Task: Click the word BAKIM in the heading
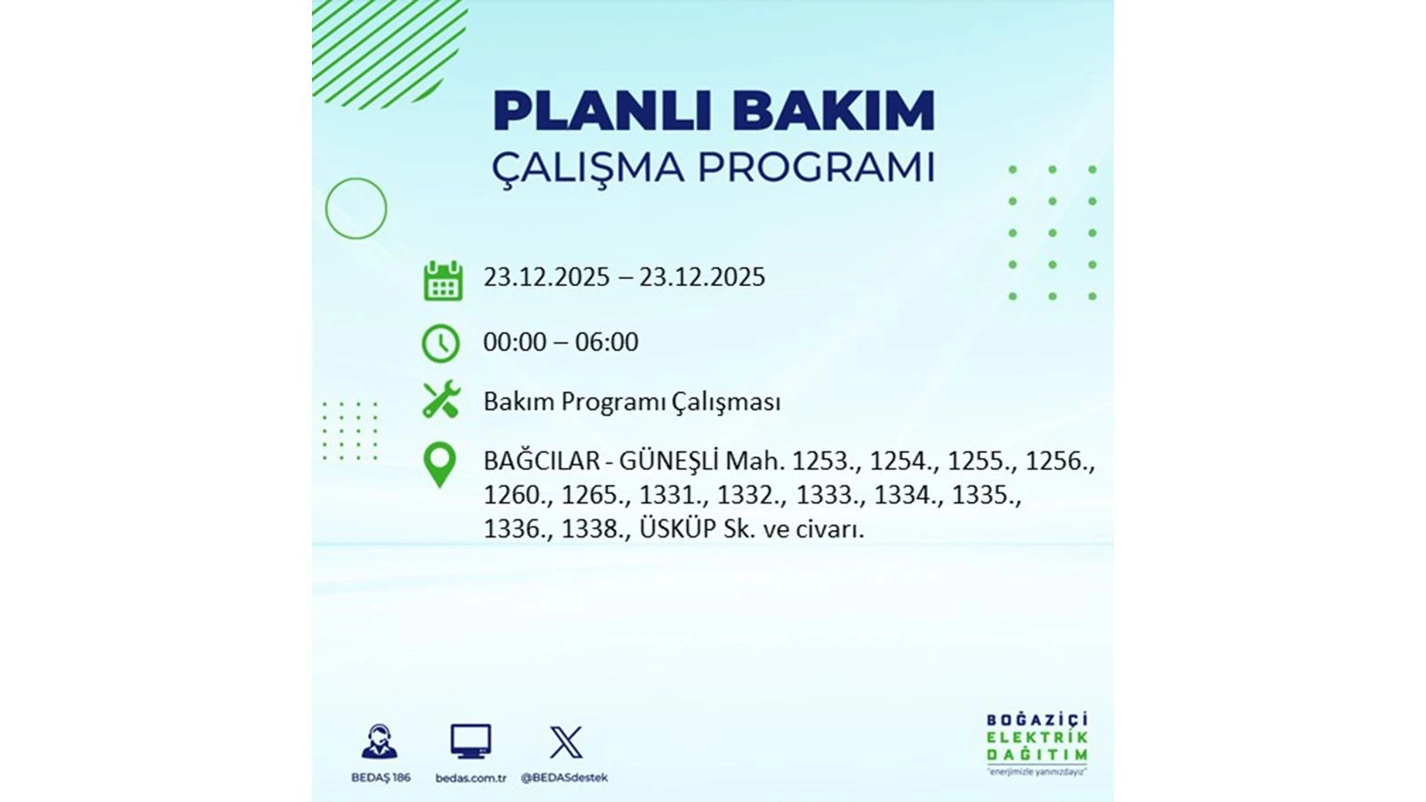pyautogui.click(x=832, y=111)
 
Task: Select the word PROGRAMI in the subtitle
pyautogui.click(x=815, y=168)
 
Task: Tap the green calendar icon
pyautogui.click(x=443, y=281)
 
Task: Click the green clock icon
pyautogui.click(x=440, y=343)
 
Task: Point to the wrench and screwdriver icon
pyautogui.click(x=441, y=400)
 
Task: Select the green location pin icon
pyautogui.click(x=439, y=464)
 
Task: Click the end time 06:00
pyautogui.click(x=606, y=342)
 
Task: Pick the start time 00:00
pyautogui.click(x=514, y=342)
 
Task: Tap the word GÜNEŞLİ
pyautogui.click(x=668, y=462)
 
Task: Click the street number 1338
pyautogui.click(x=594, y=529)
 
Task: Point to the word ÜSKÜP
pyautogui.click(x=677, y=528)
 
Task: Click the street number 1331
pyautogui.click(x=672, y=495)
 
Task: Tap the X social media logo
pyautogui.click(x=566, y=742)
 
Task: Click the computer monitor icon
pyautogui.click(x=471, y=741)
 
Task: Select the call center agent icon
pyautogui.click(x=380, y=741)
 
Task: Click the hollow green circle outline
pyautogui.click(x=356, y=209)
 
